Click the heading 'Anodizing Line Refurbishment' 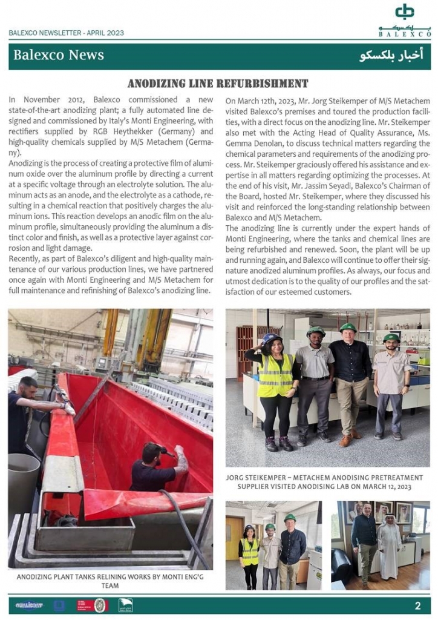coord(218,84)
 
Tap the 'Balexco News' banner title coord(59,55)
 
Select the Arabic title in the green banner coord(391,56)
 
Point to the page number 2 coord(417,605)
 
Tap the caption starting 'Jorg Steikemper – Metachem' coord(327,482)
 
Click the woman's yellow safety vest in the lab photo coord(275,375)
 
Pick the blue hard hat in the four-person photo coord(272,338)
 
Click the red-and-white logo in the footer coord(85,605)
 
